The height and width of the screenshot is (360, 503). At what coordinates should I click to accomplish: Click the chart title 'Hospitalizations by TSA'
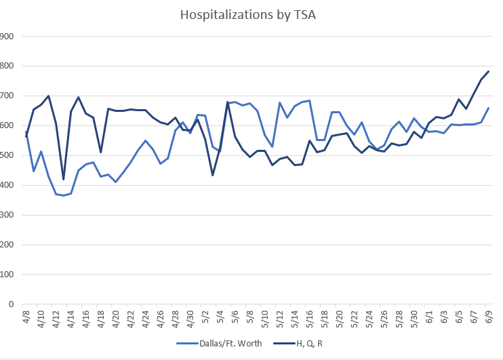[x=251, y=14]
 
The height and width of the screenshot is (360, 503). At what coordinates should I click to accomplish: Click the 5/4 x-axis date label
[x=220, y=317]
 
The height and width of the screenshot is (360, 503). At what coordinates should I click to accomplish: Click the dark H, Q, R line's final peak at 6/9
[x=489, y=71]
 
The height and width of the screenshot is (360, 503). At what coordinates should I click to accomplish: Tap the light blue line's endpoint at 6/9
[x=489, y=108]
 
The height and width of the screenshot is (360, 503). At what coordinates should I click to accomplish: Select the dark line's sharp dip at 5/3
[x=213, y=176]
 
